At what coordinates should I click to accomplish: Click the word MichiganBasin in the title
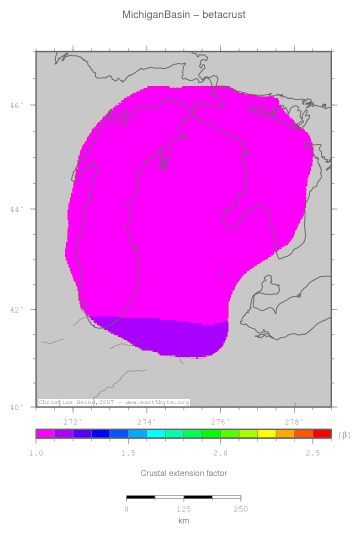156,15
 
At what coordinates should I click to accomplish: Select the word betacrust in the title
224,15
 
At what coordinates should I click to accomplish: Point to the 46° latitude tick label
17,105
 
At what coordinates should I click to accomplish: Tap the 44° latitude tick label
17,209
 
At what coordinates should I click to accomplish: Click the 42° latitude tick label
17,309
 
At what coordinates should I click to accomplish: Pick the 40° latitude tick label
17,407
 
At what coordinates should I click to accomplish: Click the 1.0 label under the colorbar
36,453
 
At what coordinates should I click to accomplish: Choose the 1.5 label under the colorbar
128,453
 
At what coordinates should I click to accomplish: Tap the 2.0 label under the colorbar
220,453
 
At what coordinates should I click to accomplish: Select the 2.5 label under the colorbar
312,453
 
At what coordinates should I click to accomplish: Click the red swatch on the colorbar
321,433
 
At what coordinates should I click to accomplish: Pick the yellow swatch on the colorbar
266,433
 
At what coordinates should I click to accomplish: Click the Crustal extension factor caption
183,473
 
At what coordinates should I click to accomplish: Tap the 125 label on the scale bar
183,509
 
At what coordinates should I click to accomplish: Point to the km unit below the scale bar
183,521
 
